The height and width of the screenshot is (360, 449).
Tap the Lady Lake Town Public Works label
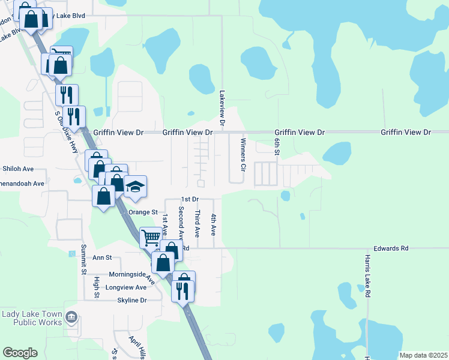pyautogui.click(x=32, y=318)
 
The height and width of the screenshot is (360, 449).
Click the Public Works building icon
pyautogui.click(x=71, y=316)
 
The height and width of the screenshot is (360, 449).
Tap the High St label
pyautogui.click(x=97, y=286)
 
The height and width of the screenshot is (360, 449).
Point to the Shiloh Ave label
pyautogui.click(x=18, y=169)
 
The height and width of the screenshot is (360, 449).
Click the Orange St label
pyautogui.click(x=142, y=212)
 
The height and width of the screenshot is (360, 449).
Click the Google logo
pyautogui.click(x=20, y=353)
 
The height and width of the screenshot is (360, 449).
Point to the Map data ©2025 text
pyautogui.click(x=423, y=355)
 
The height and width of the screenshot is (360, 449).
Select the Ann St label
pyautogui.click(x=102, y=257)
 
